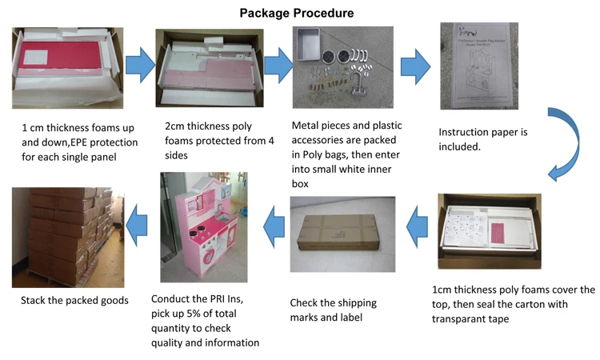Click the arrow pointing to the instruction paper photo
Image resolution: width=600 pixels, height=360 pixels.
point(415,65)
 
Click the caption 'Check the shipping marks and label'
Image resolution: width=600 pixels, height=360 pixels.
point(332,310)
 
